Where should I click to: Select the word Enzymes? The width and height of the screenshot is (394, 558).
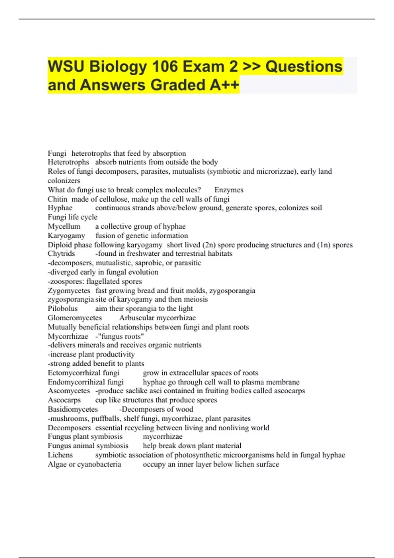tap(229, 190)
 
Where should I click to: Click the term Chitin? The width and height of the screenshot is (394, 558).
tap(57, 199)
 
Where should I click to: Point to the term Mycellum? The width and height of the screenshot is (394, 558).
tap(64, 226)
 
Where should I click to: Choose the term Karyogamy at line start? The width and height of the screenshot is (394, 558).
tap(66, 236)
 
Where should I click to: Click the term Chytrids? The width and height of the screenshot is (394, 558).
tap(61, 254)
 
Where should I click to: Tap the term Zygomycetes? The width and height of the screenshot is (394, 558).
tap(69, 291)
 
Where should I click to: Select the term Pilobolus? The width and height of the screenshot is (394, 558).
tap(63, 309)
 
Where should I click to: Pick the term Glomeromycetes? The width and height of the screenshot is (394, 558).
tap(75, 318)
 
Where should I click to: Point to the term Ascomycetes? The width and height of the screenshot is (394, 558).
tap(69, 391)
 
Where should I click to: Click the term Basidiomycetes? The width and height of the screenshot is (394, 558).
tap(73, 409)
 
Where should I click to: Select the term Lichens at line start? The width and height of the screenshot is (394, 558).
tap(60, 455)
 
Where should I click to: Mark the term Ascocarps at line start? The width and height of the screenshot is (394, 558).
tap(64, 400)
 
